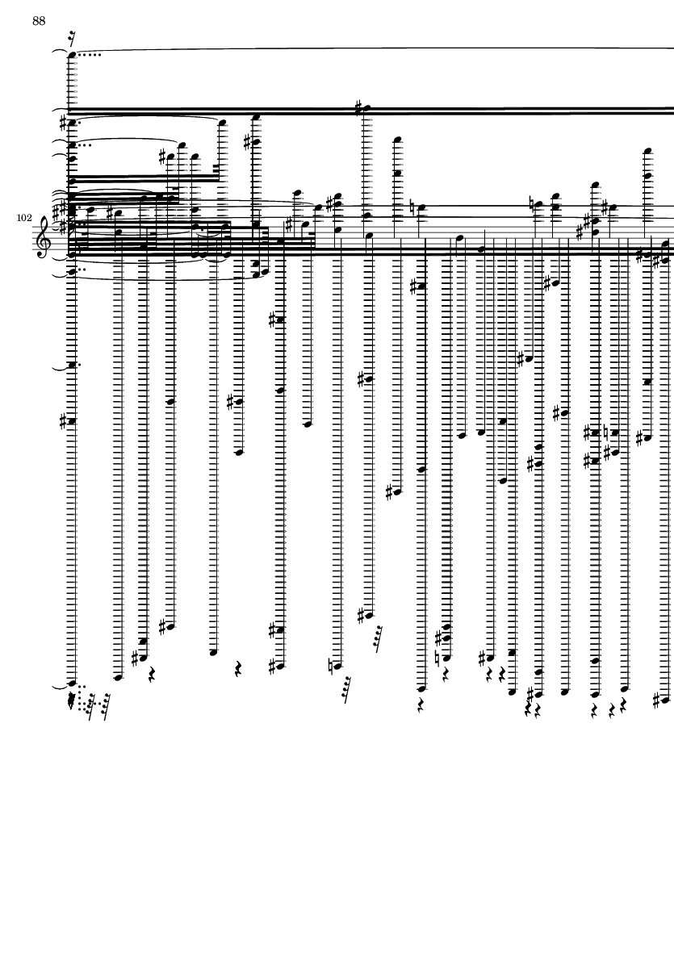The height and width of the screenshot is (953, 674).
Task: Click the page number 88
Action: (x=39, y=21)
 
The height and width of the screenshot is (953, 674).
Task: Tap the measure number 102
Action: (x=23, y=218)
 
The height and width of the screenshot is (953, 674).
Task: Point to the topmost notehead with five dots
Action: (x=72, y=55)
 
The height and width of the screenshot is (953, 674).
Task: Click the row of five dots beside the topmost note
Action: (x=90, y=55)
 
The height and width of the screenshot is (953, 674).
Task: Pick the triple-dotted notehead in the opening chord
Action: (x=72, y=146)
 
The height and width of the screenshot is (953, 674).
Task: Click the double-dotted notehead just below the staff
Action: (x=72, y=273)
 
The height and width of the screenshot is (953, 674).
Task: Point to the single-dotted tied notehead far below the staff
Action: (x=72, y=365)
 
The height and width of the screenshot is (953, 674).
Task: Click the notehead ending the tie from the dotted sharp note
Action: (x=222, y=123)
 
